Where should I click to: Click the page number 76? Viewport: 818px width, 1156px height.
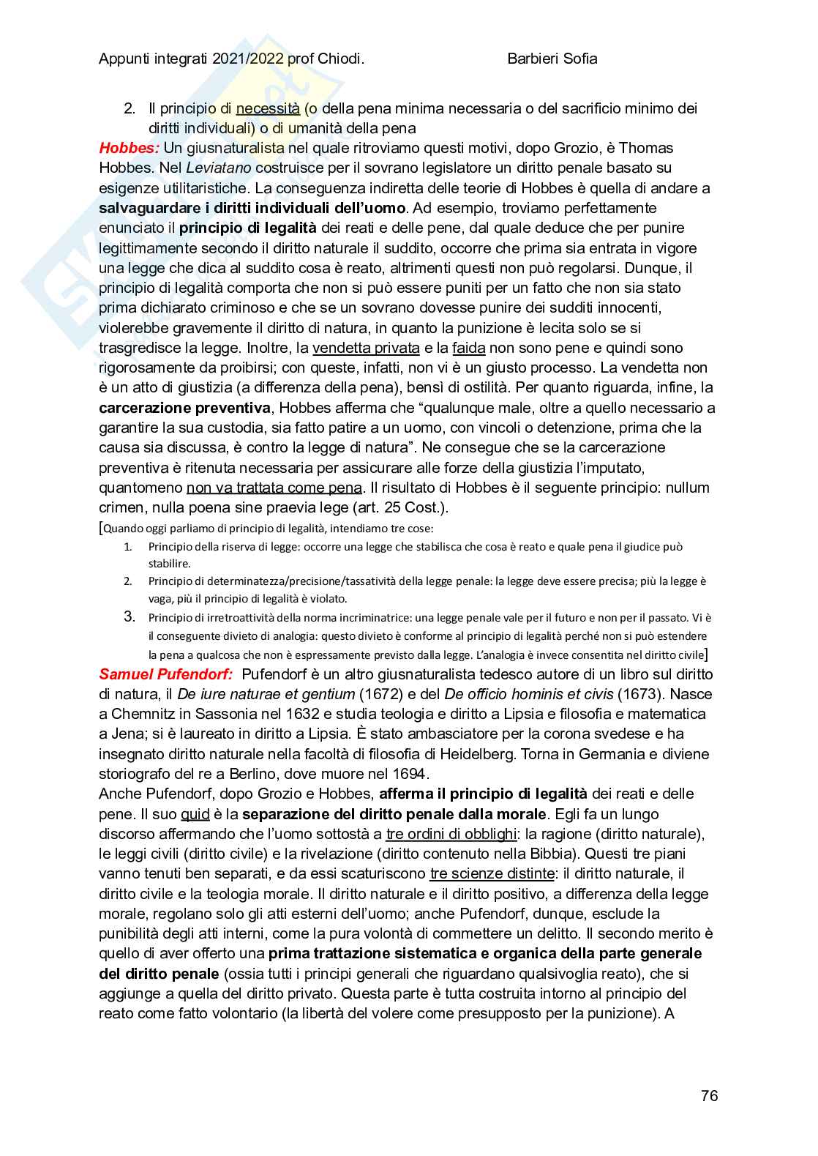(709, 1096)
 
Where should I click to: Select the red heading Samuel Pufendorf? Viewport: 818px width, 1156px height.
(165, 674)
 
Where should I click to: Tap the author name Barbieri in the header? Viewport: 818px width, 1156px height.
(533, 59)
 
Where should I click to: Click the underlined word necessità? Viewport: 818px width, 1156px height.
(268, 108)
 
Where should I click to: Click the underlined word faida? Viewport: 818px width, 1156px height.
(468, 348)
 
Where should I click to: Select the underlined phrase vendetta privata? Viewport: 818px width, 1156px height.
(366, 348)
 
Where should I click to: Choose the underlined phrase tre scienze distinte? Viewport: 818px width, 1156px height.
(492, 873)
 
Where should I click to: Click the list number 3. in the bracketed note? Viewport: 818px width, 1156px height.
(130, 616)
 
